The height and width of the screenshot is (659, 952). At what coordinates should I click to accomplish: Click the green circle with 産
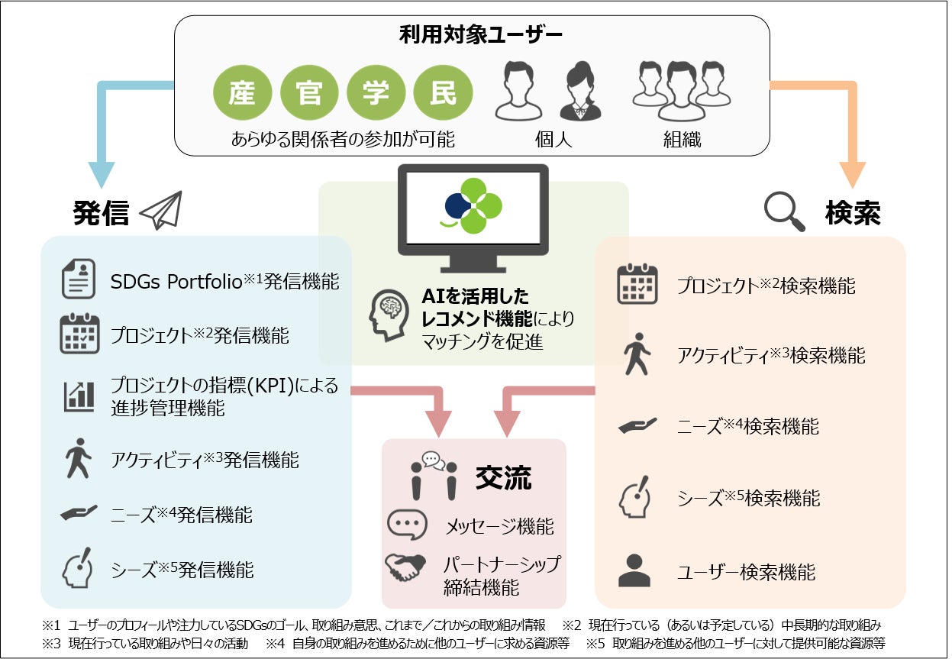tap(244, 94)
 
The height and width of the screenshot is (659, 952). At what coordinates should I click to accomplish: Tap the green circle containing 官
tap(309, 94)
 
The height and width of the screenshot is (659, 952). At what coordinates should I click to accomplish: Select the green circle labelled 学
tap(376, 94)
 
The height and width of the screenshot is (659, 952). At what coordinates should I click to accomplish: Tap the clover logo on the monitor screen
tap(473, 205)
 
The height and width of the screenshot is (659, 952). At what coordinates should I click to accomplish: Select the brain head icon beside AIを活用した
tap(388, 315)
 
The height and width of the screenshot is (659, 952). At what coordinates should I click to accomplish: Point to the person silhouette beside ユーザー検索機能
tap(635, 570)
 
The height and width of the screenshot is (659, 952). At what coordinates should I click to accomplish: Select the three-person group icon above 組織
tap(682, 91)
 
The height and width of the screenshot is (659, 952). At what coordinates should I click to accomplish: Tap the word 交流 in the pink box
tap(503, 478)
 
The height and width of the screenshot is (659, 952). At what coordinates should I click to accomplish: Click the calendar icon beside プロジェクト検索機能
tap(637, 284)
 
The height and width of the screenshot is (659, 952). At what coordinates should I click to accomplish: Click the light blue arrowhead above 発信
tap(101, 173)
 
